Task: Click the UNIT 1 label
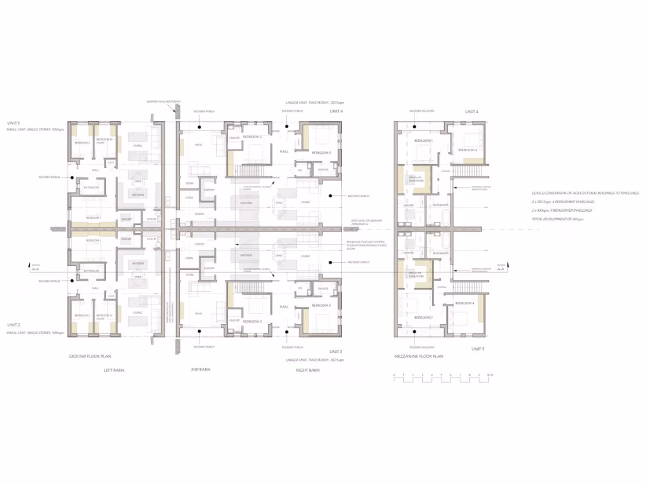coord(14,122)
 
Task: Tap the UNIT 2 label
coord(14,325)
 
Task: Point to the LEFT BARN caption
coord(114,370)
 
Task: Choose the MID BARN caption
coord(201,370)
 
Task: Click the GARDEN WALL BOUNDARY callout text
coord(164,101)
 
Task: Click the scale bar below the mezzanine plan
coord(441,378)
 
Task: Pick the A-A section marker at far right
coord(502,268)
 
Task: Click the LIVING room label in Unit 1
coord(138,146)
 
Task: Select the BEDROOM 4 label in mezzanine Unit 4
coord(466,150)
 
